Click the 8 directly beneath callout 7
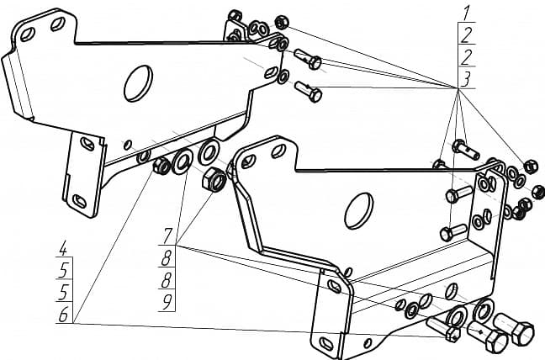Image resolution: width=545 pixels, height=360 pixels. (167, 257)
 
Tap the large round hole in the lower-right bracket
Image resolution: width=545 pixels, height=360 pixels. (358, 210)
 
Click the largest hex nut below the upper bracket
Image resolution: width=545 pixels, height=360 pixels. (214, 179)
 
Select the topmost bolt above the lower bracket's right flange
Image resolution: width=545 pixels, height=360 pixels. (465, 149)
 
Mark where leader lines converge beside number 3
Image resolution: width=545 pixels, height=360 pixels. (458, 88)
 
